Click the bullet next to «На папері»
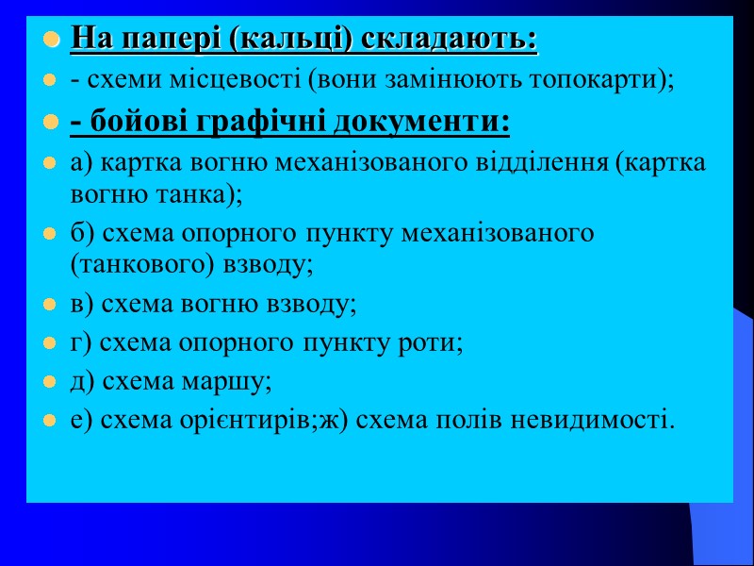coord(52,41)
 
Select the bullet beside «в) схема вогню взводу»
coord(52,306)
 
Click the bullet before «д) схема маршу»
coord(52,381)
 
